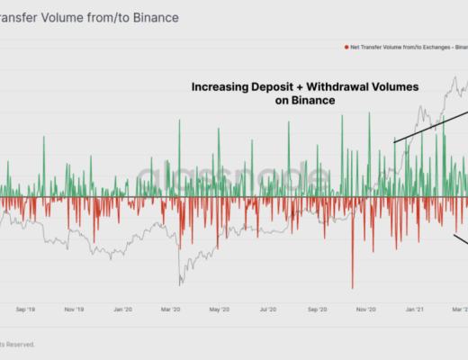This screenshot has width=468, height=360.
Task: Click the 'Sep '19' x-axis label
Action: [x=26, y=309]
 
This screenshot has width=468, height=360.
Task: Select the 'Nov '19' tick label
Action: [x=75, y=309]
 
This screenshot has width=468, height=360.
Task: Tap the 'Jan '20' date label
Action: [x=123, y=309]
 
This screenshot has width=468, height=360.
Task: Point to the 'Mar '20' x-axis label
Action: [x=171, y=309]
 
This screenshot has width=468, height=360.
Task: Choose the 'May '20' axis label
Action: [x=220, y=309]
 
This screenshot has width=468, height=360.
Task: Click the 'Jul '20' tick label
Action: [x=268, y=309]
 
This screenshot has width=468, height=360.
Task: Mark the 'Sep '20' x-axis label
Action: [x=317, y=309]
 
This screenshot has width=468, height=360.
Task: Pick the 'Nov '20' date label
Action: [x=365, y=309]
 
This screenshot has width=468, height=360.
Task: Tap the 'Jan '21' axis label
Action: [x=415, y=309]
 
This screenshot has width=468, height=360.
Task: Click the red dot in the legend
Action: [x=346, y=47]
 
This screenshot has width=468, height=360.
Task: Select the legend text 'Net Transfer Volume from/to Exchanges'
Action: [x=397, y=47]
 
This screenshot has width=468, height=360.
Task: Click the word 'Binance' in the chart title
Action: [x=150, y=17]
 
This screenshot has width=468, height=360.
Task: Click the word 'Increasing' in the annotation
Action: [x=220, y=87]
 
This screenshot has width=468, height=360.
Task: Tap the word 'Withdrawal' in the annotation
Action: [x=335, y=87]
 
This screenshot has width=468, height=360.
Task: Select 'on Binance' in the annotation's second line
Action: [x=304, y=102]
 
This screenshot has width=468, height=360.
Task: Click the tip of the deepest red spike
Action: [x=352, y=287]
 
